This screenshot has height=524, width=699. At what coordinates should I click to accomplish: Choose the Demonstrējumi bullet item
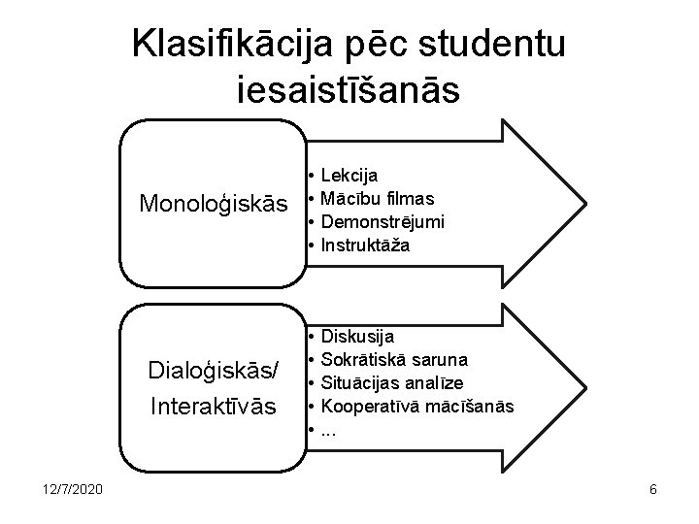coord(383,222)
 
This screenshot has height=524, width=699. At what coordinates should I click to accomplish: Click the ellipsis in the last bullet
coord(328,430)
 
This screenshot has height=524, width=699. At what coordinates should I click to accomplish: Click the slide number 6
coord(653,490)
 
